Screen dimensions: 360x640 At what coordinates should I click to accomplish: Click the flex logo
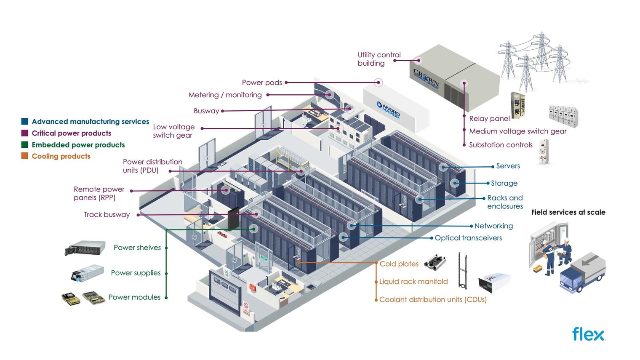click(x=588, y=334)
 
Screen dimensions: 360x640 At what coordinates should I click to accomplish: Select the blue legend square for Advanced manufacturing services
click(x=25, y=122)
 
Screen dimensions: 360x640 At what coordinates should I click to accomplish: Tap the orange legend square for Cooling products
click(x=25, y=156)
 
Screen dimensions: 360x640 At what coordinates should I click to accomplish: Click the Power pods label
click(x=261, y=83)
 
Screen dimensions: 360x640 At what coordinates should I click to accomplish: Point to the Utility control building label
click(x=379, y=59)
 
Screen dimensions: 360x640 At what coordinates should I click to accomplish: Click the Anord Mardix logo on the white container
click(x=388, y=110)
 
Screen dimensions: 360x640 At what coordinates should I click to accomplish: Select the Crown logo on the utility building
click(x=426, y=78)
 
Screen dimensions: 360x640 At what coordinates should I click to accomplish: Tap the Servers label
click(x=508, y=166)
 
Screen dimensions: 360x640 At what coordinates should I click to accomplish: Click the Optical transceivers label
click(x=468, y=238)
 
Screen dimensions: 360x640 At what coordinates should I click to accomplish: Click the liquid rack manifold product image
click(x=463, y=271)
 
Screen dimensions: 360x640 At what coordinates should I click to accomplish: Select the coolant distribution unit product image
click(x=494, y=283)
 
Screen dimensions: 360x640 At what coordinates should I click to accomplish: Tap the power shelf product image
click(x=85, y=248)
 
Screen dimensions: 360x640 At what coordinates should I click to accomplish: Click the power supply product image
click(x=88, y=273)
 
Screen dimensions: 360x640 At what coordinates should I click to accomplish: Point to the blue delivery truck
click(x=582, y=273)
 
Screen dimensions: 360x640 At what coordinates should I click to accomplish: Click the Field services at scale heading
click(x=568, y=212)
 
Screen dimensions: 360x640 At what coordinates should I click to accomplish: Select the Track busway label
click(x=107, y=215)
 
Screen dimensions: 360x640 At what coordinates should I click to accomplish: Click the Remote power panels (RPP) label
click(x=99, y=193)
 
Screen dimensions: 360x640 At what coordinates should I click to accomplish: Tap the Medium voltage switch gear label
click(x=517, y=131)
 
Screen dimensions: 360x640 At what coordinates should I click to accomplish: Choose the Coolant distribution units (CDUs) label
click(x=433, y=300)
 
